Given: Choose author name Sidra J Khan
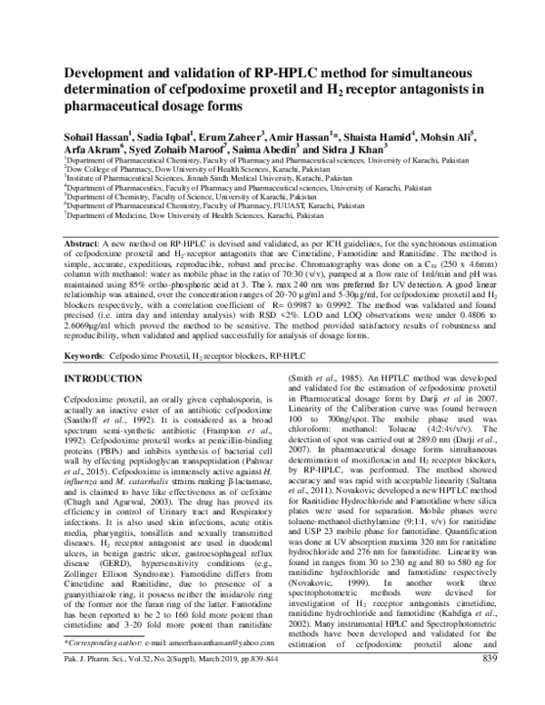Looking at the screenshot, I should (355, 148).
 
